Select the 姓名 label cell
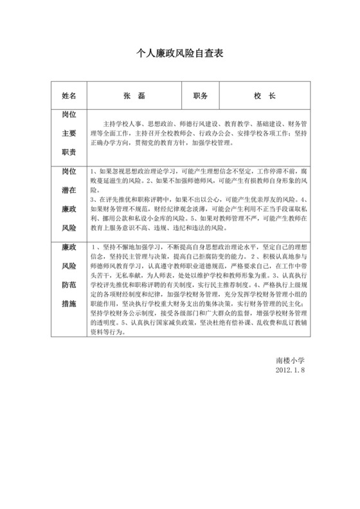click(69, 95)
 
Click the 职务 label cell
click(201, 95)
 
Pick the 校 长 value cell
click(264, 95)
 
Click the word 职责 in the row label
click(69, 152)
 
